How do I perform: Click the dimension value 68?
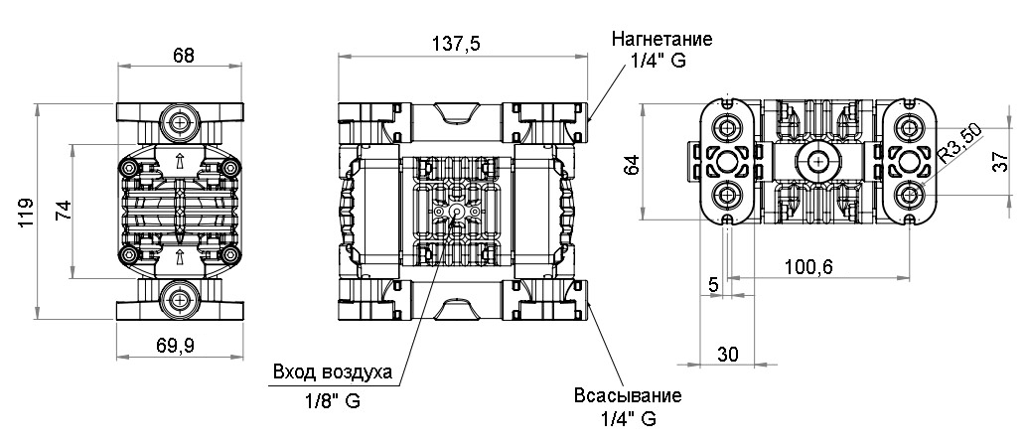(x=183, y=55)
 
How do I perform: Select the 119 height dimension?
(x=27, y=212)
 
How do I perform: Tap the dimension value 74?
(x=62, y=211)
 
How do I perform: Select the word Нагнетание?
(x=662, y=40)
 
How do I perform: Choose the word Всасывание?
(x=628, y=395)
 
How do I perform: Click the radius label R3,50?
(x=958, y=141)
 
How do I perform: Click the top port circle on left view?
(x=180, y=124)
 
